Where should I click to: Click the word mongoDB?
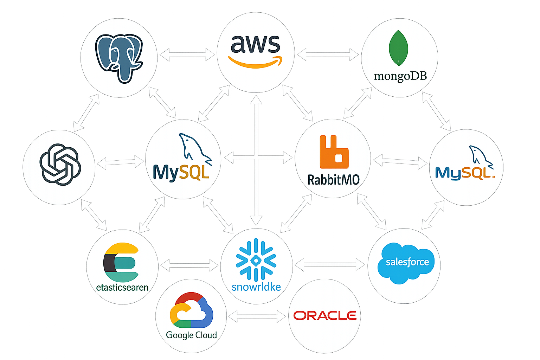400,76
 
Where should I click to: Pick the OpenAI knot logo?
60,164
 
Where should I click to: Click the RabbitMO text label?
333,180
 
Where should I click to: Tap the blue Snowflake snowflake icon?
256,260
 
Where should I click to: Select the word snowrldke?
256,287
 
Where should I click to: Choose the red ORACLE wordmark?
325,316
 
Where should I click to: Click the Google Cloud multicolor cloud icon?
191,310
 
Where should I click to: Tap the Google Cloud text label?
191,335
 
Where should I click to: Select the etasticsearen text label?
122,288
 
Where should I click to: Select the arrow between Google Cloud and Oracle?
257,316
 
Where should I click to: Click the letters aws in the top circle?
255,44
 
